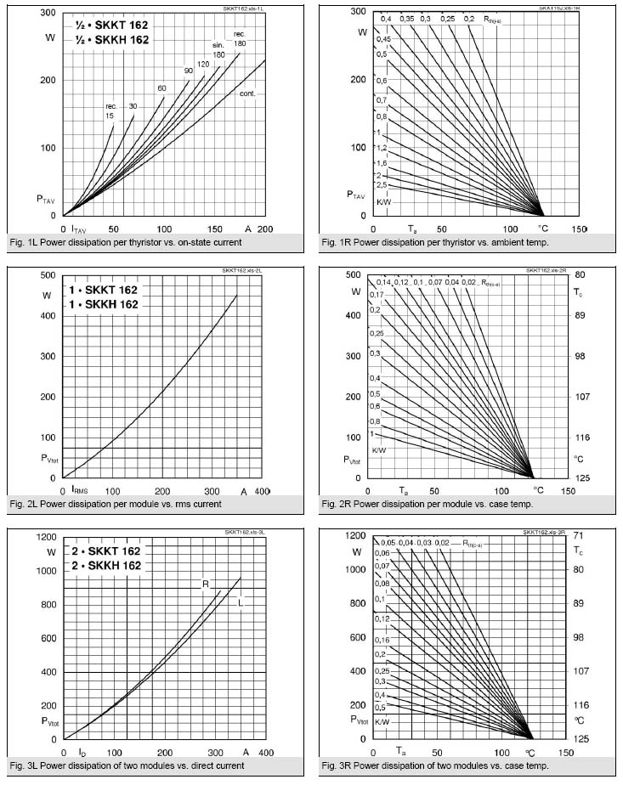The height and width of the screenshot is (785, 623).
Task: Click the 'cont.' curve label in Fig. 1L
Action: (x=247, y=93)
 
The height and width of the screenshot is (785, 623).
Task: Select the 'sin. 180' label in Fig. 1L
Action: (x=219, y=49)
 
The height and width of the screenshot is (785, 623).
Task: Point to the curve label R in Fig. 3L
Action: (x=206, y=584)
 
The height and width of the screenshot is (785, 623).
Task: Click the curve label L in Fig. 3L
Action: (x=241, y=602)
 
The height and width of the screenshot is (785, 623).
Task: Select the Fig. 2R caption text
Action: (x=427, y=504)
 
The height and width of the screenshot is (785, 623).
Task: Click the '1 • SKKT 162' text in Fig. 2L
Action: (x=103, y=290)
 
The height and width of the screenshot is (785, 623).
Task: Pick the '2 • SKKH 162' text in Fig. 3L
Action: (x=103, y=565)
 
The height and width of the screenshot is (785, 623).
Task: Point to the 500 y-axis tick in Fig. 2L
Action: (x=48, y=275)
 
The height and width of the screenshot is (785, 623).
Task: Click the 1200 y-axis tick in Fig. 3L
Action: (x=44, y=537)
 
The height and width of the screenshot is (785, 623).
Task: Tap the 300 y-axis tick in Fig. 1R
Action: (x=357, y=12)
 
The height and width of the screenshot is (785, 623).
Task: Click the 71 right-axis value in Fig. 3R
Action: (x=578, y=537)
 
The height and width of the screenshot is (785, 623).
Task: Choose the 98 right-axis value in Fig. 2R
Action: (x=578, y=356)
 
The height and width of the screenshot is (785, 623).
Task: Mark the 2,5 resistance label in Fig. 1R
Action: (x=382, y=184)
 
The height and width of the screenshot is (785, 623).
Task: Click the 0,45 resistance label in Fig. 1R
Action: (x=384, y=40)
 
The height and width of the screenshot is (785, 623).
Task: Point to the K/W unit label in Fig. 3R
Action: (x=383, y=721)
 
